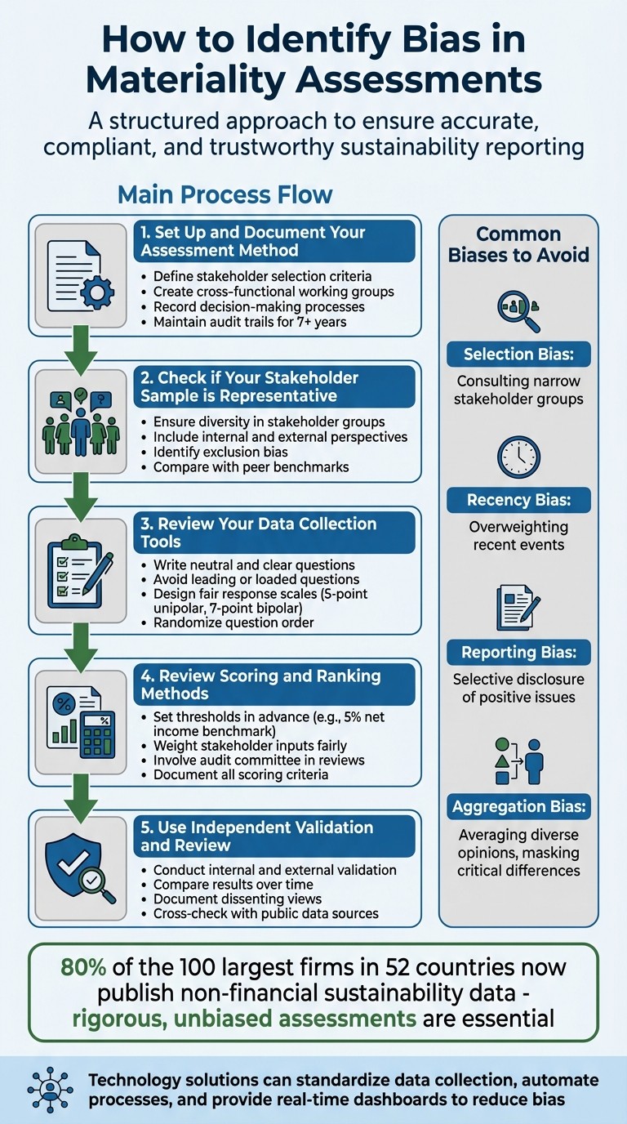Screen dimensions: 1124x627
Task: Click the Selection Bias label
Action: coord(518,354)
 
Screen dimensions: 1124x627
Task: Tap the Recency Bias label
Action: coord(518,500)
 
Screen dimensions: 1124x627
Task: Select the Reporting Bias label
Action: coord(518,652)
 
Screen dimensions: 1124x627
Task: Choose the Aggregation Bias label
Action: coord(518,807)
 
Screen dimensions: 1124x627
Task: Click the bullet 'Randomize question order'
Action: coord(233,622)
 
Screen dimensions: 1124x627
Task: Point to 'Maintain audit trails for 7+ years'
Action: coord(250,322)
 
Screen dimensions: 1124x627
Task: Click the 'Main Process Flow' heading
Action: coord(225,194)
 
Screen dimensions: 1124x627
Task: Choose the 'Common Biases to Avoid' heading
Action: coord(518,244)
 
